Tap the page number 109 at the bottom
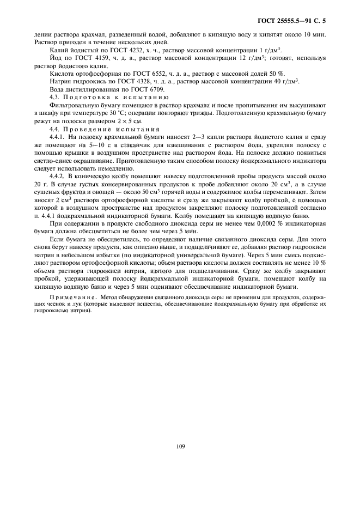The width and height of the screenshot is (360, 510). coord(181,447)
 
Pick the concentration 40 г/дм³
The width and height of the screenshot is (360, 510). coord(282,81)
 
